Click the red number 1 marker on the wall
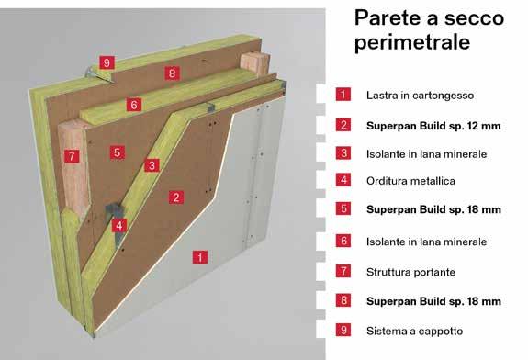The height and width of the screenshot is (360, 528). pyautogui.click(x=200, y=257)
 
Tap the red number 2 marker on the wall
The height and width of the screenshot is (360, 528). pyautogui.click(x=176, y=197)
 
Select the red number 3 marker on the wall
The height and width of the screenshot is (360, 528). pyautogui.click(x=152, y=165)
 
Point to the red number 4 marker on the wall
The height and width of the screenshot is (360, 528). pyautogui.click(x=119, y=226)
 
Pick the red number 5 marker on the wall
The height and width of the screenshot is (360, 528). pyautogui.click(x=118, y=152)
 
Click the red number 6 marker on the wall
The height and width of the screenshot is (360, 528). pyautogui.click(x=134, y=105)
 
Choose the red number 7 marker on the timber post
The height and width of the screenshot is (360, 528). pyautogui.click(x=72, y=156)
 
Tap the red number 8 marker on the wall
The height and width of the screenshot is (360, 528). pyautogui.click(x=172, y=73)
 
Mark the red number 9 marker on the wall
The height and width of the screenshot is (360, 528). pyautogui.click(x=107, y=63)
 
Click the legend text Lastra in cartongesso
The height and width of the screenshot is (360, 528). pyautogui.click(x=420, y=96)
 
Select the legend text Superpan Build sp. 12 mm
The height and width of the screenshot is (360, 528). pyautogui.click(x=433, y=126)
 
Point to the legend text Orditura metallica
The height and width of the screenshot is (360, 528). pyautogui.click(x=410, y=181)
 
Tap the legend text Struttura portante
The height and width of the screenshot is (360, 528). pyautogui.click(x=410, y=272)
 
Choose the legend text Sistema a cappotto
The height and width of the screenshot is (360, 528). pyautogui.click(x=414, y=331)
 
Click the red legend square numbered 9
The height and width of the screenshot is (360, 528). pyautogui.click(x=343, y=330)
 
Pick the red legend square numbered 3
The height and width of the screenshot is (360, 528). pyautogui.click(x=343, y=153)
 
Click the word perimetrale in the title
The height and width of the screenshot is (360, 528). pyautogui.click(x=411, y=42)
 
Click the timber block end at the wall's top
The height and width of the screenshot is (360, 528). pyautogui.click(x=255, y=63)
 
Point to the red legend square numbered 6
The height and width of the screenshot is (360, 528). pyautogui.click(x=343, y=241)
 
